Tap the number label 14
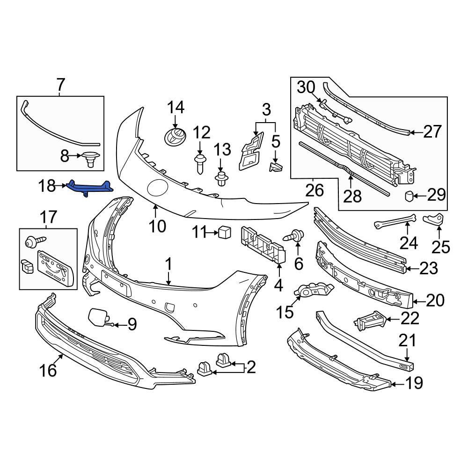(x=176, y=108)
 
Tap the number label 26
(x=314, y=190)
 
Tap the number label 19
(x=413, y=384)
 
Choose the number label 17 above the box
(x=49, y=217)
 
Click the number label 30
(x=307, y=87)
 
